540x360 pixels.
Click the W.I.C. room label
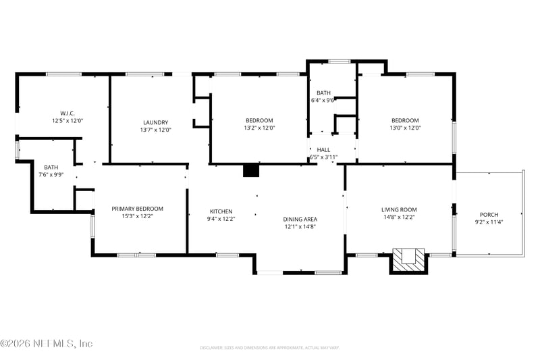(67, 113)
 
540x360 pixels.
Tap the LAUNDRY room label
(156, 122)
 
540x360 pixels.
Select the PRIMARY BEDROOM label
(138, 209)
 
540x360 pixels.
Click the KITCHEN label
(221, 211)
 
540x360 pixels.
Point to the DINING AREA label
(300, 219)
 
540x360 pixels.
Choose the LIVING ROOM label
(399, 209)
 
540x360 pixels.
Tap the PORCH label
(489, 214)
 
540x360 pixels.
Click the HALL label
(323, 150)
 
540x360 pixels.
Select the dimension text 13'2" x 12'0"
(259, 128)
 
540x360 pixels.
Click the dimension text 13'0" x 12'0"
(405, 128)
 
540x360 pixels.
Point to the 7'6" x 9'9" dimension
(51, 174)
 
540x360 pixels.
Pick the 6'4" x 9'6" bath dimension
(323, 100)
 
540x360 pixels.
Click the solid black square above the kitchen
(251, 170)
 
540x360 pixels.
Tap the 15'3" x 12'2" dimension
(138, 216)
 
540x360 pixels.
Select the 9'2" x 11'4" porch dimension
(489, 222)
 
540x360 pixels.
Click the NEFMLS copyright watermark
(47, 343)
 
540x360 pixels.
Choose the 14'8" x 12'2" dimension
(399, 217)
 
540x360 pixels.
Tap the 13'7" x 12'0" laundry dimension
(156, 130)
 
